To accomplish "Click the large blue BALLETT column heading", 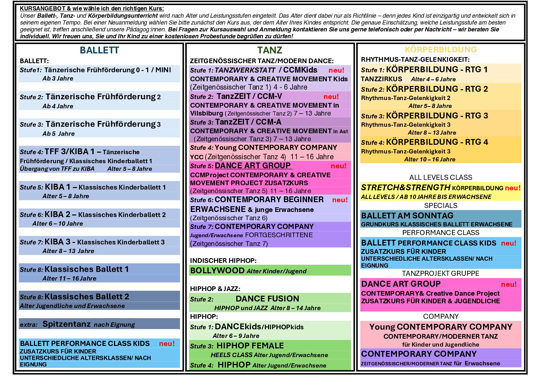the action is tap(99, 50).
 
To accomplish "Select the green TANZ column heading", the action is tap(270, 50).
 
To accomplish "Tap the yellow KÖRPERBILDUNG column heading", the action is tap(441, 49).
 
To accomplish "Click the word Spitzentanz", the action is tap(66, 324).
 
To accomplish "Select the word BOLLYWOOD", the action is tap(217, 270).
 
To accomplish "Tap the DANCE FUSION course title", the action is tap(267, 299).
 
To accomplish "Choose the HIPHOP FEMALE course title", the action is tap(250, 346).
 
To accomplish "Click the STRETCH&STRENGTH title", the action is tap(405, 187).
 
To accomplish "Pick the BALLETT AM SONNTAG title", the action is tap(407, 216).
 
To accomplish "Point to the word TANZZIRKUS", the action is tap(381, 79).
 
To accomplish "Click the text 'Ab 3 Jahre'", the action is tap(58, 78).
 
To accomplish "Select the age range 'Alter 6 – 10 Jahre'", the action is tap(58, 223).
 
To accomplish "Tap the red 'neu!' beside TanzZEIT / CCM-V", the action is tap(331, 96).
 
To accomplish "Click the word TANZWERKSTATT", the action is tap(245, 70).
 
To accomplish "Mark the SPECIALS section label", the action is tap(441, 205).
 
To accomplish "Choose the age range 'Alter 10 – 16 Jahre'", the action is tap(430, 159).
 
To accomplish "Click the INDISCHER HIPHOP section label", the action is tap(223, 261).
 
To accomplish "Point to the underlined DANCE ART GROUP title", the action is tap(253, 165).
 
